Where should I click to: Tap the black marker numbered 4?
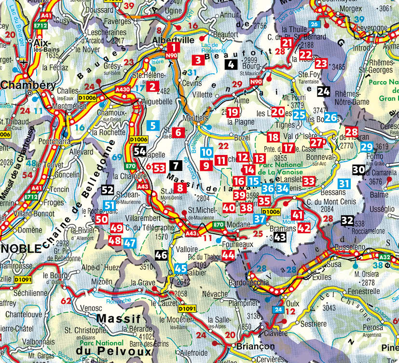coord(232,65)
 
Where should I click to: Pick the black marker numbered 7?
coord(176,166)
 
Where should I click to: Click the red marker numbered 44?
coord(229,255)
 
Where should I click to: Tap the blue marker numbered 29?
coord(367,148)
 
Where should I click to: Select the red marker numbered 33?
coord(309,181)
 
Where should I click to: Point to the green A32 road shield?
coord(384,257)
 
